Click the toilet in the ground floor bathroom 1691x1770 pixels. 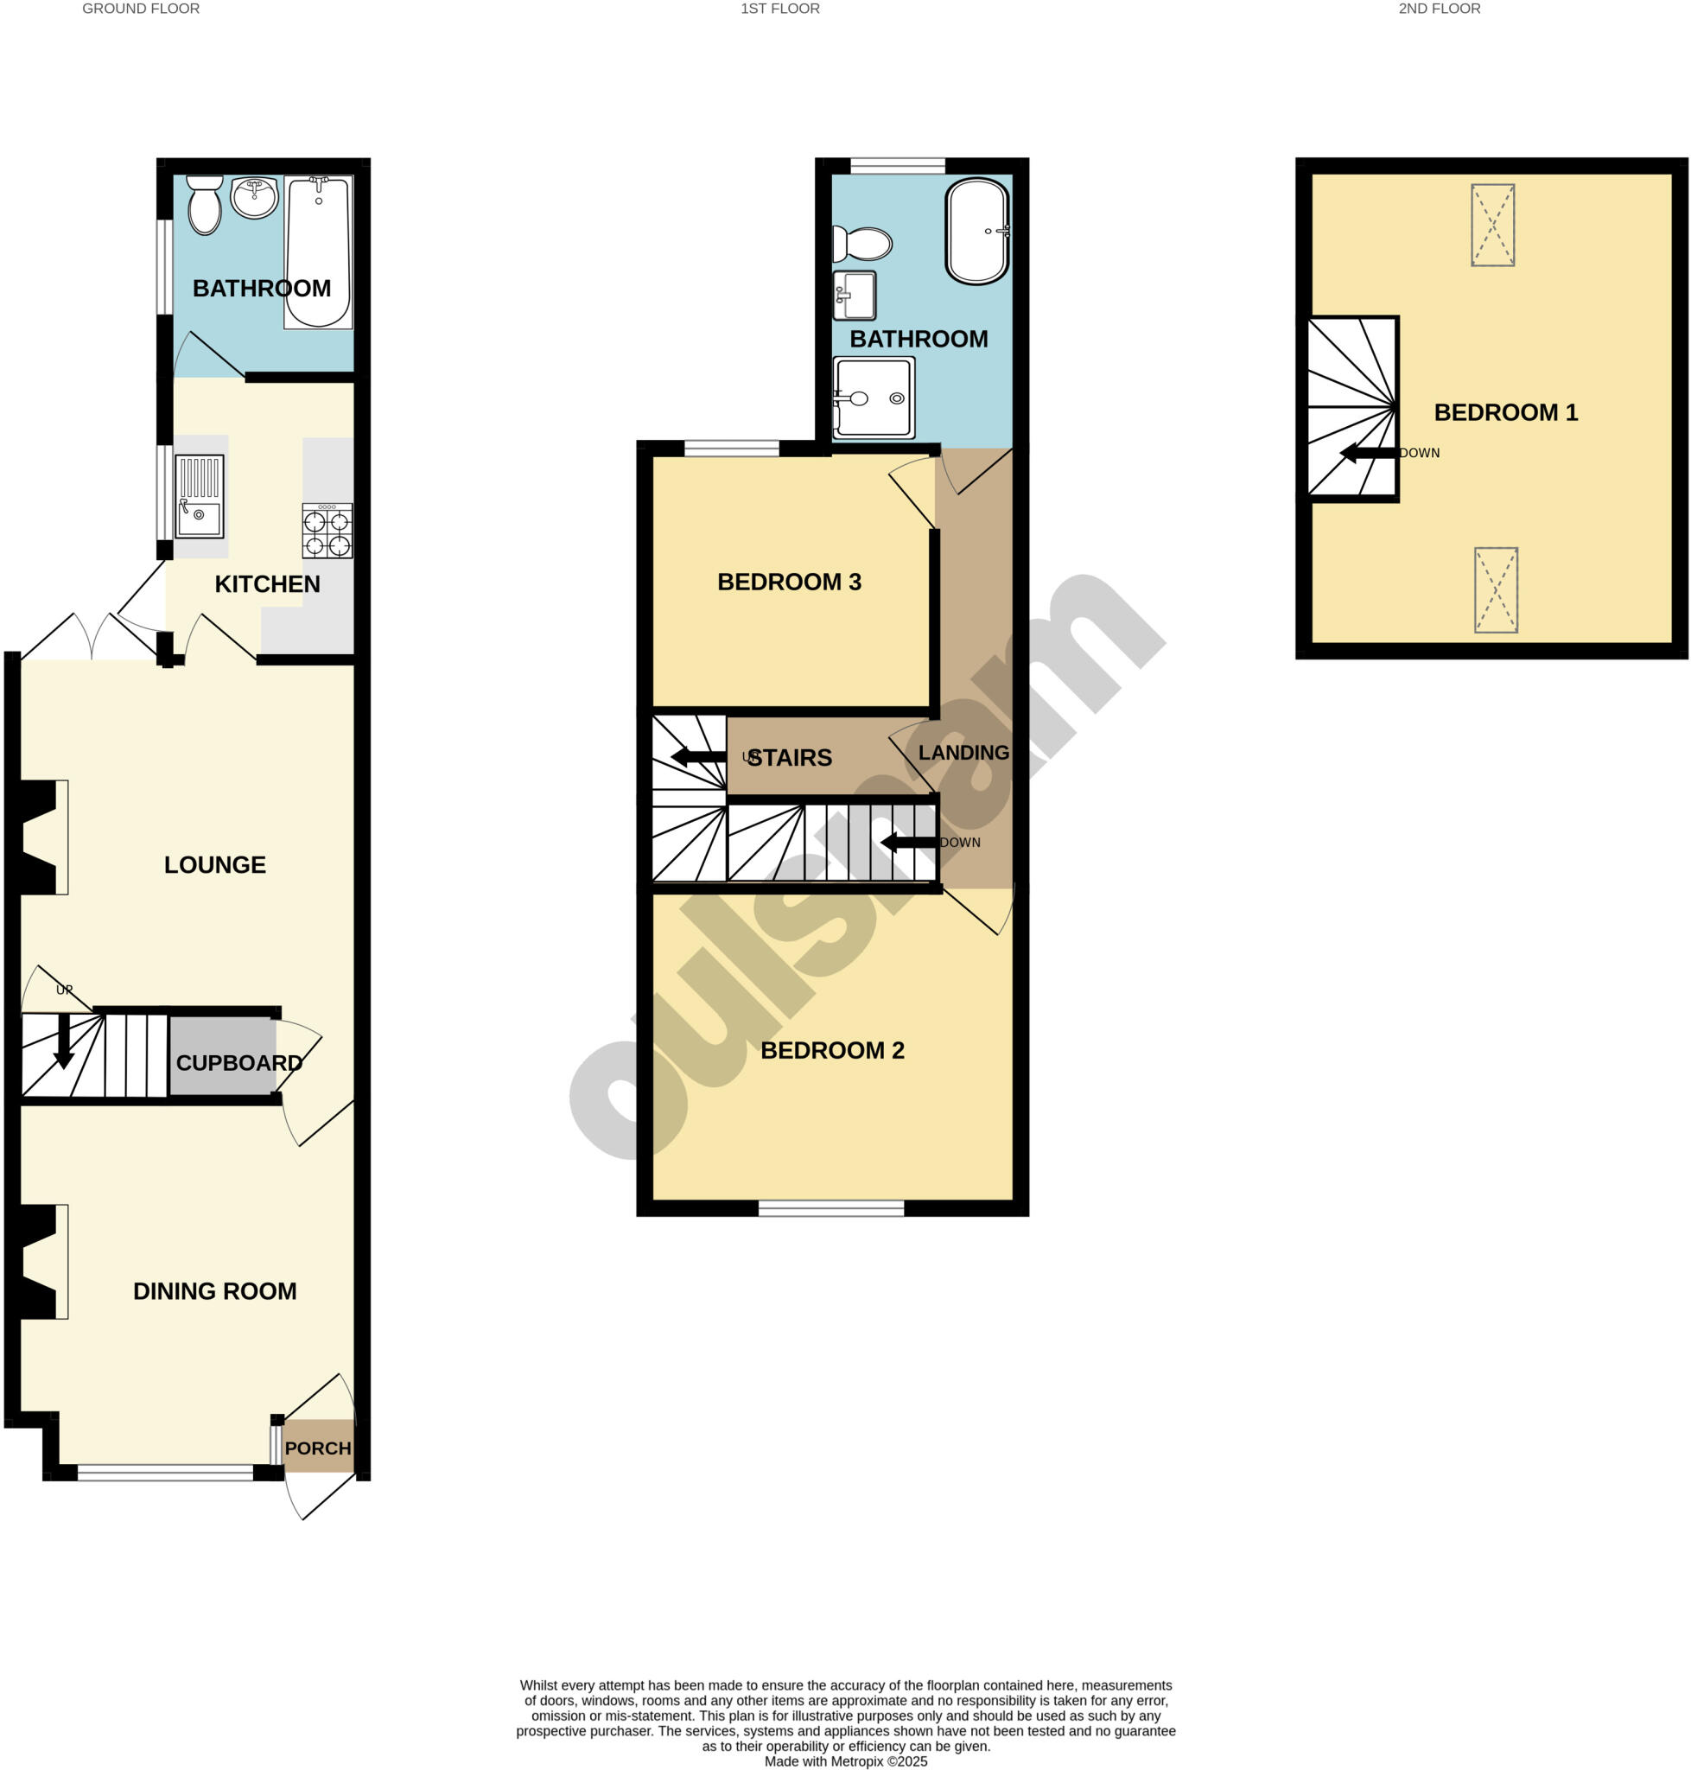tap(205, 206)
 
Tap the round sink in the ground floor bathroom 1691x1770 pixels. tap(255, 196)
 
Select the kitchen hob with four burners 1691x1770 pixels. tap(327, 532)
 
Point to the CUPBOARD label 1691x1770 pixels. tap(238, 1063)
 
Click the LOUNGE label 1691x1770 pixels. tap(214, 865)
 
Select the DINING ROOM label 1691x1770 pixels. tap(214, 1291)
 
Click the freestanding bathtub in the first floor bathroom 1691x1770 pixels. tap(976, 232)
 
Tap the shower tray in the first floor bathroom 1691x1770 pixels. tap(873, 398)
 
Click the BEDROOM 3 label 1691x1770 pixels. tap(789, 582)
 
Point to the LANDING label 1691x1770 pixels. tap(963, 752)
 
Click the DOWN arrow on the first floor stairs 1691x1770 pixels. tap(909, 842)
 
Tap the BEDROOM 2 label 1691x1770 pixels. tap(832, 1049)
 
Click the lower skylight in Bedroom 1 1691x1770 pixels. tap(1496, 589)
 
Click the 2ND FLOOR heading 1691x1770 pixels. tap(1439, 9)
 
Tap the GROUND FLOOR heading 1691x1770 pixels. tap(141, 9)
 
